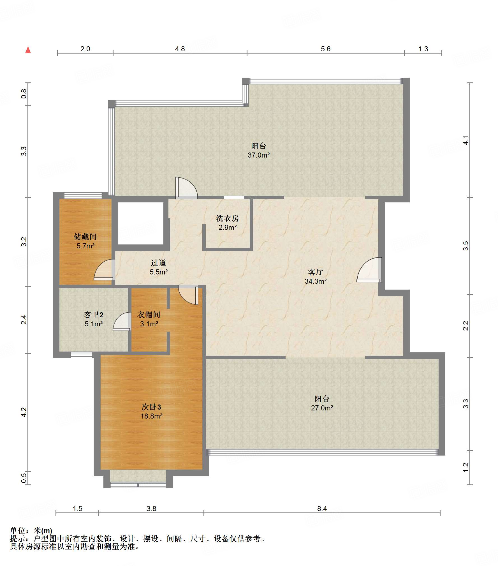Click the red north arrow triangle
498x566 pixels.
28,50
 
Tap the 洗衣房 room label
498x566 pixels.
227,218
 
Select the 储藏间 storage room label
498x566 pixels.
85,237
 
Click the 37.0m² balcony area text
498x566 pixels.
259,155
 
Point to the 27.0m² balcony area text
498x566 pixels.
322,408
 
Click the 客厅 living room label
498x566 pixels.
316,272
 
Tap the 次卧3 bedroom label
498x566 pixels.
151,407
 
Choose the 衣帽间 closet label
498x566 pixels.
149,315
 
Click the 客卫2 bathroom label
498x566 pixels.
94,315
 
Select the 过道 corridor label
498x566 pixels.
158,263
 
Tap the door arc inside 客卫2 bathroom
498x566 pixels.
122,321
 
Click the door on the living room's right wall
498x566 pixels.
369,269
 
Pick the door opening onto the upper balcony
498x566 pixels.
186,188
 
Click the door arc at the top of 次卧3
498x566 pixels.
188,295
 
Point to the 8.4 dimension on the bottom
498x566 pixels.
322,509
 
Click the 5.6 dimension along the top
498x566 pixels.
326,49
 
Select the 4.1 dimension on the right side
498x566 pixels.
465,140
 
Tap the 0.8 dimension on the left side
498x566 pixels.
24,94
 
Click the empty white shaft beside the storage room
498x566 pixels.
141,223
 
